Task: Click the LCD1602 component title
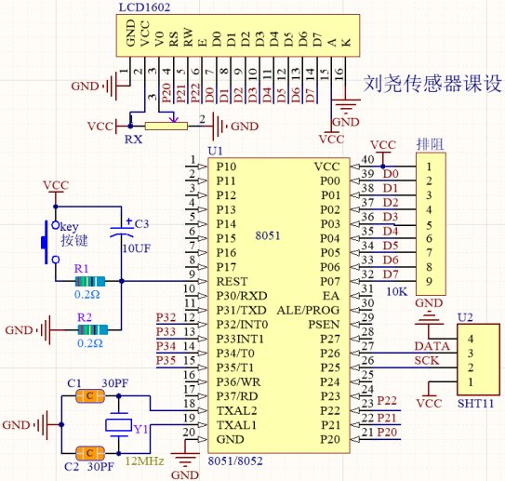coord(144,7)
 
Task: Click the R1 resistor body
coord(90,281)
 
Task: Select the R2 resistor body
coord(93,330)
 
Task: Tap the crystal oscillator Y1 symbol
coord(118,425)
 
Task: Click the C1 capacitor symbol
coord(90,396)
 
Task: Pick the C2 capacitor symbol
coord(90,453)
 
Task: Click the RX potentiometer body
coord(166,126)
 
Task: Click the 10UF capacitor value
coord(137,248)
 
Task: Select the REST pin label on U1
coord(232,282)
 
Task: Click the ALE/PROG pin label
coord(308,310)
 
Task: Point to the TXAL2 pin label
coord(237,411)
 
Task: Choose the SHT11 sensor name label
coord(475,404)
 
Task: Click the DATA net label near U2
coord(432,346)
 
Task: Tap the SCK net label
coord(427,360)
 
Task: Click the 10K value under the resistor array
coord(397,291)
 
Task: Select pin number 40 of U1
coord(367,159)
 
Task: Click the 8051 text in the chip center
coord(268,235)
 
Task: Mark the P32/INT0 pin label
coord(242,324)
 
